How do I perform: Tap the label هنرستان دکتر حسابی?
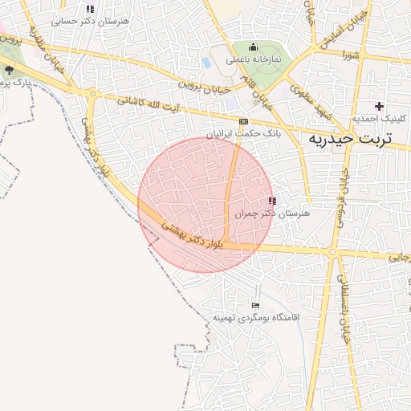[x=90, y=22]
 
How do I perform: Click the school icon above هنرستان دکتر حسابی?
[x=90, y=9]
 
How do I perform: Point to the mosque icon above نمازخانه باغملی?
[x=254, y=47]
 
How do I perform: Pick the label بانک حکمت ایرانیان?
[x=243, y=134]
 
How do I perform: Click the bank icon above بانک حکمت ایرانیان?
[x=243, y=121]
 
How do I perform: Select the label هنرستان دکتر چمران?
[x=272, y=214]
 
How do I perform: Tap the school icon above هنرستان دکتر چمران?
[x=272, y=201]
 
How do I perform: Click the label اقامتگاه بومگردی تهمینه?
[x=256, y=319]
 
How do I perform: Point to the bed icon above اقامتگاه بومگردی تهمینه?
[x=256, y=305]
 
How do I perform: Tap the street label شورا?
[x=348, y=55]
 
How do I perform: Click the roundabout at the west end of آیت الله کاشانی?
[x=93, y=94]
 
